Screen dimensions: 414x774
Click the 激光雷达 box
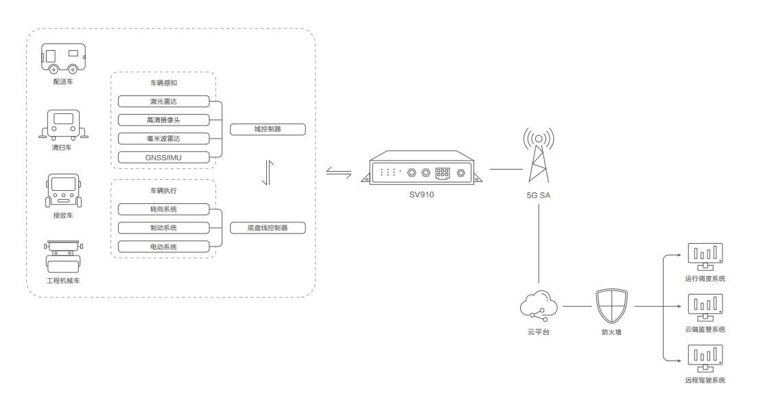[163, 101]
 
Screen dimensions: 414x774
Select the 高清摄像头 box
[163, 119]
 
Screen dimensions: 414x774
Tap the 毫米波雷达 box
[163, 138]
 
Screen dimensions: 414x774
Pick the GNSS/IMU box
[163, 157]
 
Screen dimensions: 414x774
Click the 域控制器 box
[268, 129]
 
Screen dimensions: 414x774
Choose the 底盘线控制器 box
[268, 228]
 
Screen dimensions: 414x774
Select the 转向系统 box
[163, 209]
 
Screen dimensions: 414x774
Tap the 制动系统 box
[163, 227]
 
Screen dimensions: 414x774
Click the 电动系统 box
[163, 246]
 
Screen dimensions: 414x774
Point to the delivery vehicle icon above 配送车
[63, 58]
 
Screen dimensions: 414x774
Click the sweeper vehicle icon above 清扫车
[63, 124]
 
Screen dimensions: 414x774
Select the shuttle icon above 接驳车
[63, 191]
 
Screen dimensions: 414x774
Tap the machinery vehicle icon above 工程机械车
[63, 257]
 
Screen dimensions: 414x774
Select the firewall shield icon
[611, 306]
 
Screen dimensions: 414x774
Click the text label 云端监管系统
[705, 330]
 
